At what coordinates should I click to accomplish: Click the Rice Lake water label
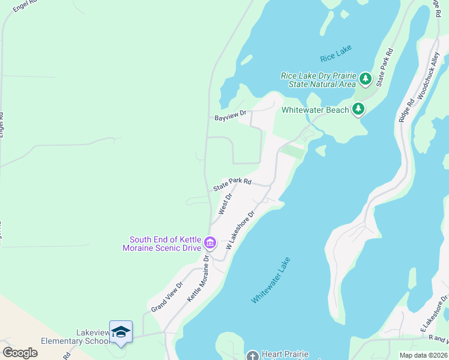tap(336, 56)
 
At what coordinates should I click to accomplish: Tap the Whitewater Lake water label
tap(271, 280)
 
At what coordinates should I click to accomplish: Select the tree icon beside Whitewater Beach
tap(358, 109)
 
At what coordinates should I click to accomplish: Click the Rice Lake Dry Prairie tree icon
tap(365, 79)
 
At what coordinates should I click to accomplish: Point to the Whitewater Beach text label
tap(315, 110)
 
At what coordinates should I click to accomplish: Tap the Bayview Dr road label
tap(231, 115)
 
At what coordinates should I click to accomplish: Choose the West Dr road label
tap(225, 204)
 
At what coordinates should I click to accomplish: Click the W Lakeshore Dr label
tap(240, 230)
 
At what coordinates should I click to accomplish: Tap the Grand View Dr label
tap(167, 296)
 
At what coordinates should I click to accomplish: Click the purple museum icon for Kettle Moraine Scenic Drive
tap(210, 243)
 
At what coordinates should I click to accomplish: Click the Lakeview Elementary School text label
tap(76, 337)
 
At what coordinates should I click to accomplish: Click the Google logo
tap(20, 352)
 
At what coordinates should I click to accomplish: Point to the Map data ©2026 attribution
tap(423, 355)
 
